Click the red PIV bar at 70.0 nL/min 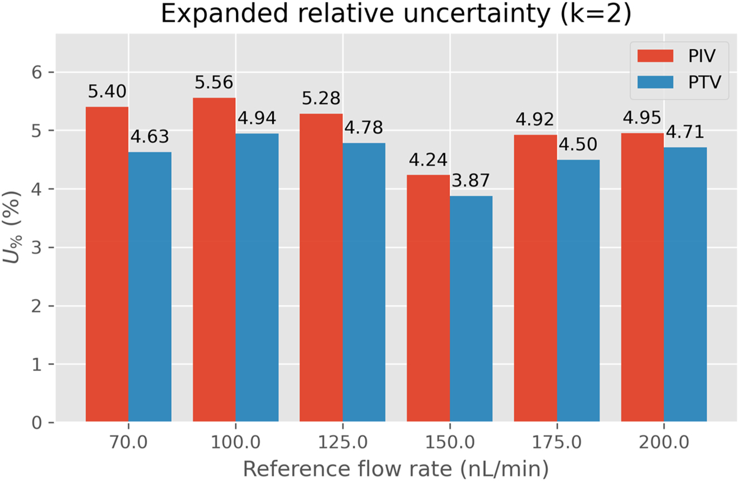(x=107, y=264)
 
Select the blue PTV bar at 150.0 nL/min (x=471, y=309)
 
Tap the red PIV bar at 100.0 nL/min (x=214, y=260)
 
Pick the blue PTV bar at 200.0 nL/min (x=685, y=285)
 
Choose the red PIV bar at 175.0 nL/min (x=535, y=278)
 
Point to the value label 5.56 (x=214, y=84)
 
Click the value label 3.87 (x=471, y=181)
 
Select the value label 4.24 (x=428, y=161)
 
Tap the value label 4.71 (x=685, y=133)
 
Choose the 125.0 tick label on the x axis (x=342, y=443)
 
